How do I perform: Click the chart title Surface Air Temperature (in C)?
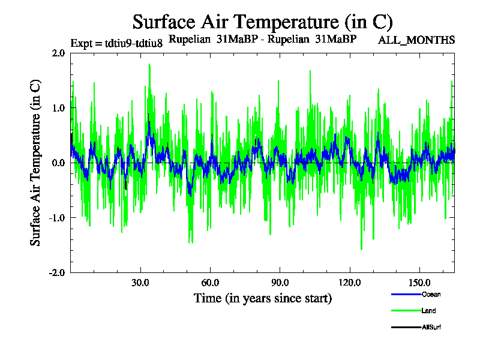[262, 22]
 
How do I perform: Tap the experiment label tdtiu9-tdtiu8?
[116, 43]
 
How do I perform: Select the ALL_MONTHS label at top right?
[416, 40]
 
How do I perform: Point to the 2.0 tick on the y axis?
[58, 53]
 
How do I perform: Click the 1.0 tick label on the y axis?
[58, 108]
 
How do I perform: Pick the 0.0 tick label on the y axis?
[58, 163]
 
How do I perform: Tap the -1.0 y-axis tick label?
[57, 218]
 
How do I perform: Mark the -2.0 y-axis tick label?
[57, 272]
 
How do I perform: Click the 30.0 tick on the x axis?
[140, 283]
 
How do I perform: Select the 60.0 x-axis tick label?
[210, 283]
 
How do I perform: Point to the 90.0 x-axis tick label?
[280, 283]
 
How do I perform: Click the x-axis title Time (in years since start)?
[262, 298]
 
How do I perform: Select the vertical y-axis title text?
[36, 163]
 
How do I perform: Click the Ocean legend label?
[431, 295]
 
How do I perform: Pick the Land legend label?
[429, 311]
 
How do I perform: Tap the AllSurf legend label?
[432, 327]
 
